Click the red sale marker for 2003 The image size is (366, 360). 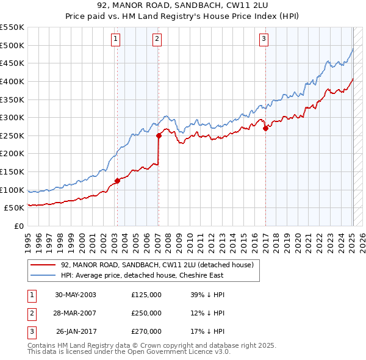(117, 181)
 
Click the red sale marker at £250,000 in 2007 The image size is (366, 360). (159, 135)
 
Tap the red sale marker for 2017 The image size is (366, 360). (265, 128)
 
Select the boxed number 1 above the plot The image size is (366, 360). (115, 40)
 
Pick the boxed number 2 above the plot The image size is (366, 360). (157, 40)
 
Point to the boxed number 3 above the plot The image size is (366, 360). (264, 40)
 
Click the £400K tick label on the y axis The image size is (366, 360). (12, 81)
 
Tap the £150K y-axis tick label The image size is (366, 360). (12, 171)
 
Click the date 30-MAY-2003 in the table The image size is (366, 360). (76, 295)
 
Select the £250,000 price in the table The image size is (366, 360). (146, 313)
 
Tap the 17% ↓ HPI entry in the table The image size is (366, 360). (207, 331)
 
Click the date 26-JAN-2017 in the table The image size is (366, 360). (76, 331)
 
